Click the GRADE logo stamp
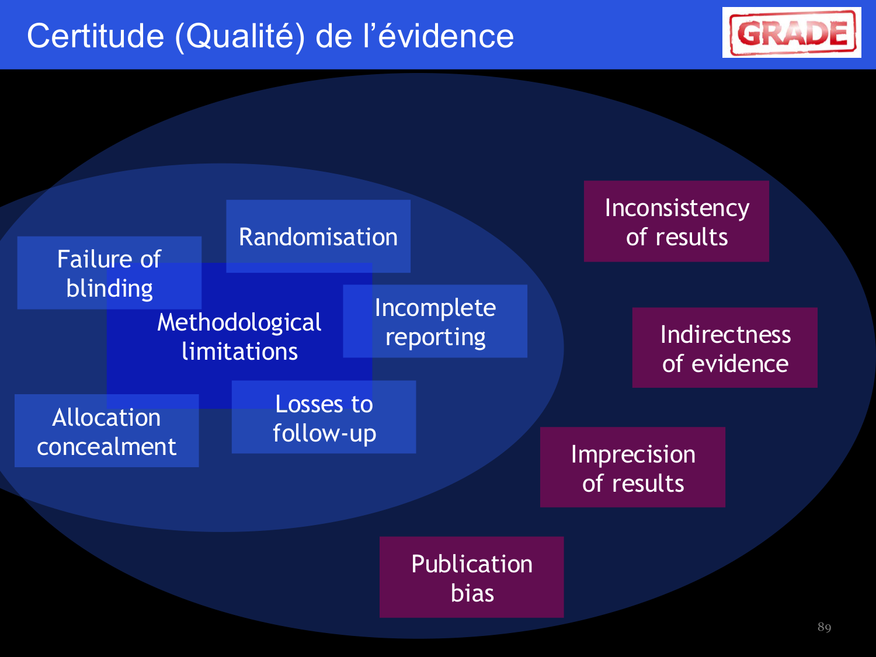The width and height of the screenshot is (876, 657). [792, 33]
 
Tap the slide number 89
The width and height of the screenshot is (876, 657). [824, 627]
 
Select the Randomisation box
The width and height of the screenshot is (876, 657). [318, 237]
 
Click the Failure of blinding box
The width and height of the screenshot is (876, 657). [109, 273]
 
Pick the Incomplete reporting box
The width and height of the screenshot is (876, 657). [435, 321]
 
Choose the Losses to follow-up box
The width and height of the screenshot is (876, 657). [324, 418]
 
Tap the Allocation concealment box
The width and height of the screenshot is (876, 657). [106, 431]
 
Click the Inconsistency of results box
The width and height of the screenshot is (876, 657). [676, 221]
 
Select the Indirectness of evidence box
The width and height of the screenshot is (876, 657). [725, 348]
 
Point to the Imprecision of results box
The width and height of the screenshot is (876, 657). [632, 467]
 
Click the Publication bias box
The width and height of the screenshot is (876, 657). [472, 578]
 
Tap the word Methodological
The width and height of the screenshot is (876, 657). [239, 322]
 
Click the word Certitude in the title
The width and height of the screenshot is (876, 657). [96, 36]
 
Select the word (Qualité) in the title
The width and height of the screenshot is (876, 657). [239, 36]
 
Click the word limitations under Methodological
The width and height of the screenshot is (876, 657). [239, 352]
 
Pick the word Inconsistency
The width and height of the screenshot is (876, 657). [677, 208]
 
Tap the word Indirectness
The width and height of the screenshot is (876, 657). [725, 335]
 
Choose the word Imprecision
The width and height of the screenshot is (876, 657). [633, 454]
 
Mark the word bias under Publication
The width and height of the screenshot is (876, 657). [472, 593]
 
